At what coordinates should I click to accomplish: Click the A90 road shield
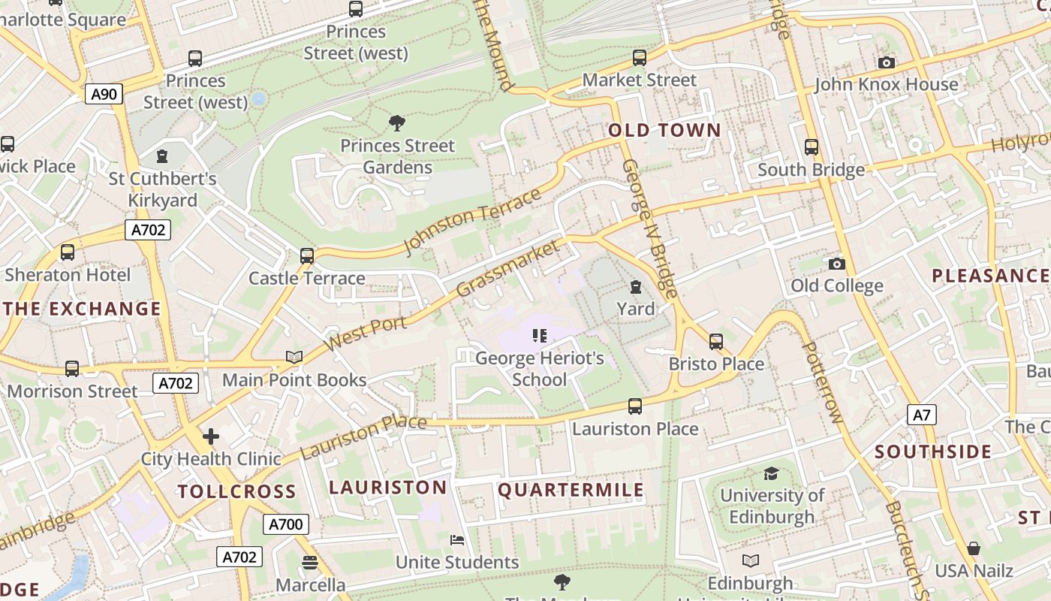(x=104, y=94)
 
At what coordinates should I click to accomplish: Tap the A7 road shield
(x=922, y=415)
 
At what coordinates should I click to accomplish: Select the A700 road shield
(x=285, y=524)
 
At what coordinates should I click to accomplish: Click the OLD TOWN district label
(x=664, y=130)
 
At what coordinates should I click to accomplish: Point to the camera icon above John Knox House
(x=887, y=62)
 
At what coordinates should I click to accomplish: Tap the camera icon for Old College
(x=836, y=264)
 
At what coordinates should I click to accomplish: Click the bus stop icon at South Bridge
(x=812, y=147)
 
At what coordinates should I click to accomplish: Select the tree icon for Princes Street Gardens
(x=397, y=123)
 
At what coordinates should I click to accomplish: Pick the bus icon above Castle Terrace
(x=306, y=256)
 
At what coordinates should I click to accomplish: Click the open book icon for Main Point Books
(x=294, y=357)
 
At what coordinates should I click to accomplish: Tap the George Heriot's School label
(x=540, y=369)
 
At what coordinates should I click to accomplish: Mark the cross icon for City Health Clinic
(x=211, y=436)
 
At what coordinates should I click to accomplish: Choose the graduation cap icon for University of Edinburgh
(x=771, y=473)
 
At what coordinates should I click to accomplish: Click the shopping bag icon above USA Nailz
(x=974, y=548)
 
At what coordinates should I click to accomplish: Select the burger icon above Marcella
(x=309, y=563)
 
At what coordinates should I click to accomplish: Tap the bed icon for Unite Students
(x=456, y=539)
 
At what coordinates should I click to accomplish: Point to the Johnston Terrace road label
(x=472, y=221)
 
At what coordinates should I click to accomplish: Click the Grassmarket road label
(x=508, y=268)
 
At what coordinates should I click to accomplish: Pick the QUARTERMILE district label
(x=571, y=491)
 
